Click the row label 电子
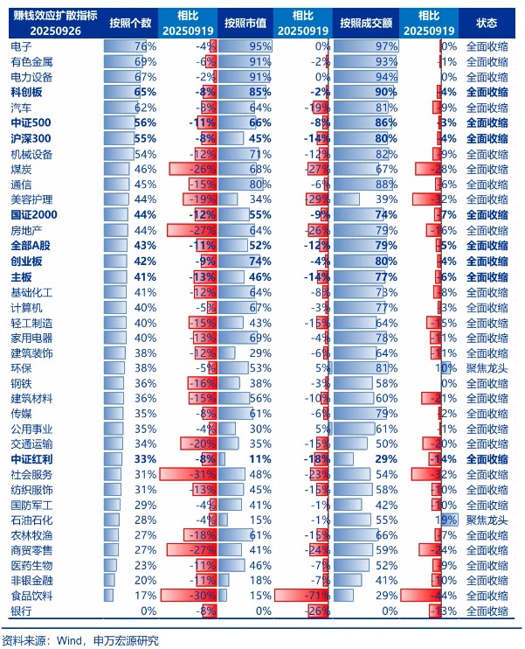[x=22, y=45]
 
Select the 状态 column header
[x=487, y=24]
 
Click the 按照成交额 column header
[x=366, y=24]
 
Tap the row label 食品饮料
[x=31, y=596]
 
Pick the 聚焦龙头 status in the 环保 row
[x=487, y=367]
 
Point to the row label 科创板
[x=27, y=92]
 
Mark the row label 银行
[x=22, y=611]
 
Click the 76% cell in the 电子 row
[x=145, y=45]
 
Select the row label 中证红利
[x=31, y=458]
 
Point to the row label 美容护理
[x=31, y=199]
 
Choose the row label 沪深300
[x=31, y=137]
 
